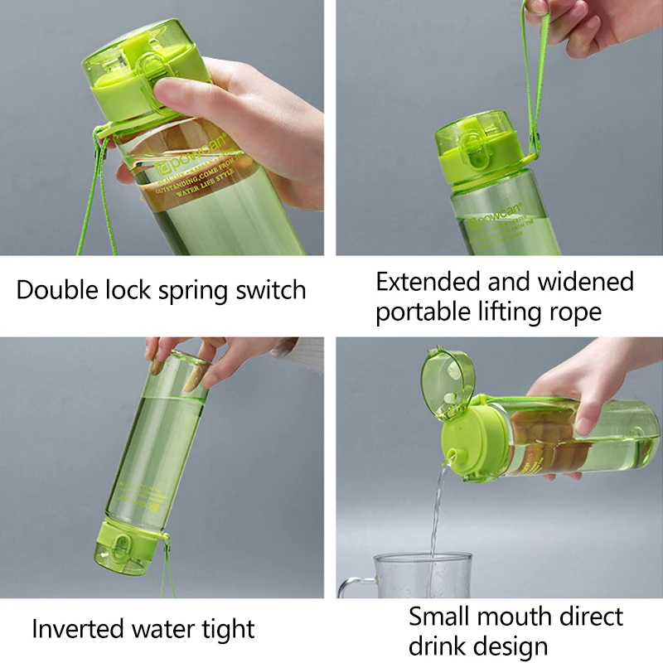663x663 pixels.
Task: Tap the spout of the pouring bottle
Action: (455, 452)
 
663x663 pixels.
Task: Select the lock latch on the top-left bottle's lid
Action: (149, 83)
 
